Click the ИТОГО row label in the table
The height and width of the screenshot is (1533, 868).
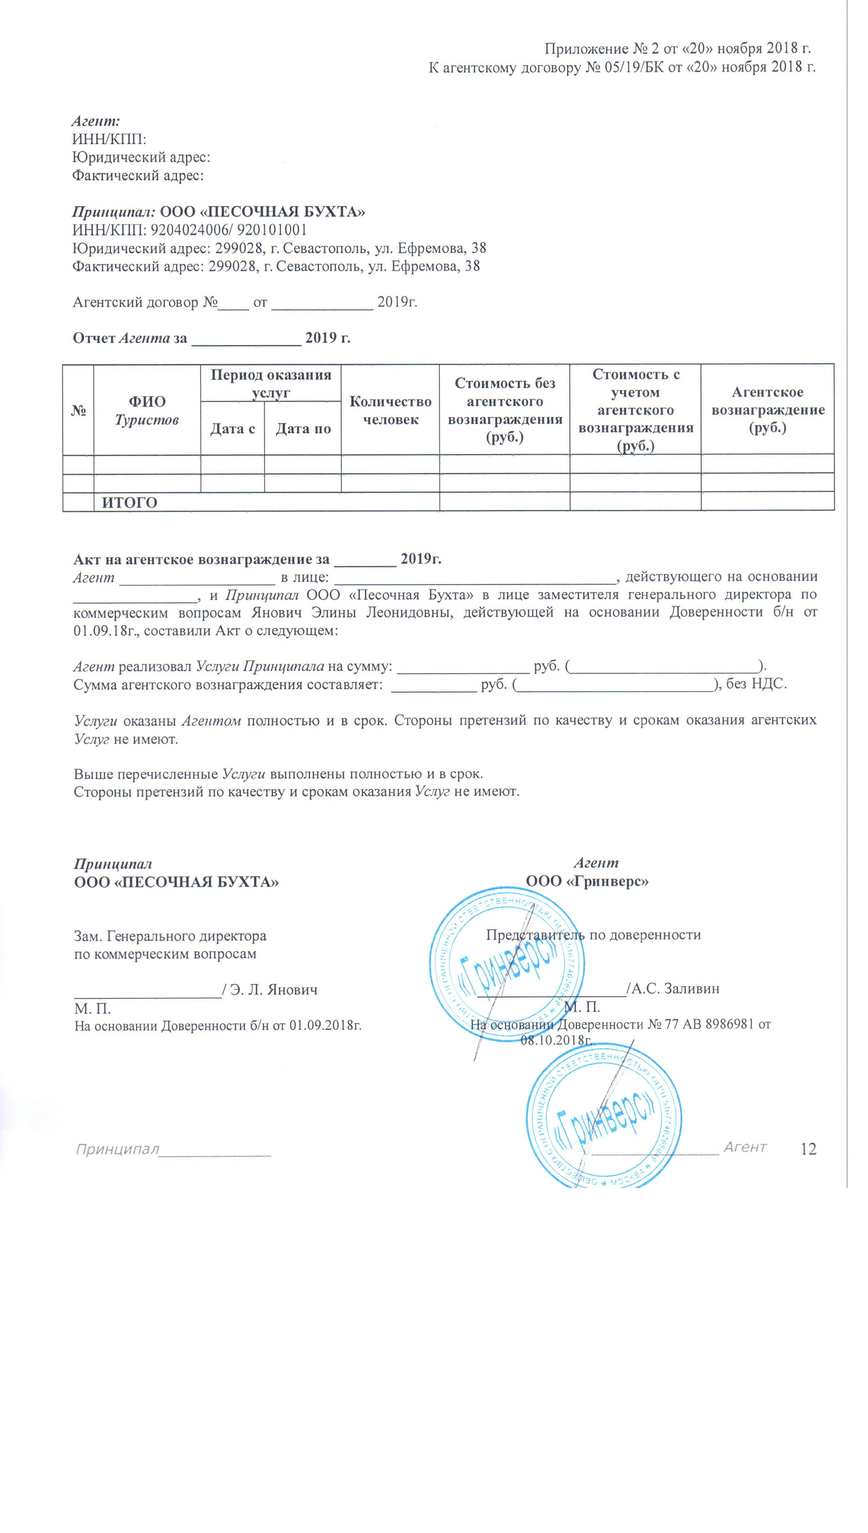pyautogui.click(x=129, y=502)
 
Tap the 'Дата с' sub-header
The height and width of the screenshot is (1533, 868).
pyautogui.click(x=233, y=429)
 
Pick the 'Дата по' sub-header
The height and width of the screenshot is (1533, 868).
pyautogui.click(x=303, y=429)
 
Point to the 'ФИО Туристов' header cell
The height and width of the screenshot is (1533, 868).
pyautogui.click(x=147, y=410)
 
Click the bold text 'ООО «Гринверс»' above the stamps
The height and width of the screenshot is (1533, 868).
pyautogui.click(x=587, y=881)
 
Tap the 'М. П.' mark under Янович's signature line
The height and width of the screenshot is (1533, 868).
pyautogui.click(x=92, y=1008)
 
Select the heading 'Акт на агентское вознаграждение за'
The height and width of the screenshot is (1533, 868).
pyautogui.click(x=202, y=559)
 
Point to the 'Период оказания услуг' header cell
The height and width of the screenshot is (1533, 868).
pyautogui.click(x=271, y=383)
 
